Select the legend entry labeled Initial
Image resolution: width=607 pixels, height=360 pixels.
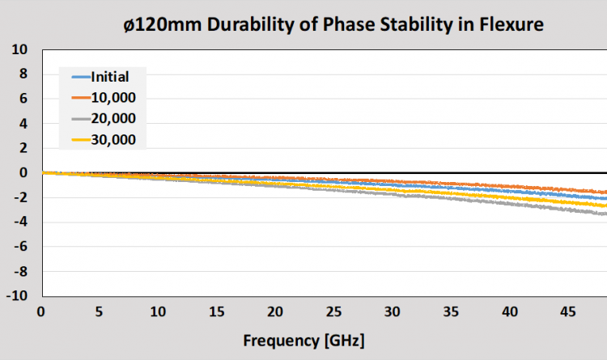pyautogui.click(x=109, y=78)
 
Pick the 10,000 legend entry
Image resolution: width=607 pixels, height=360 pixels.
pyautogui.click(x=113, y=99)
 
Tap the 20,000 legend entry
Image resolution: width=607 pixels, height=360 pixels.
pyautogui.click(x=113, y=119)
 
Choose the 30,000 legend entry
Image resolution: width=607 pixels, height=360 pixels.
pyautogui.click(x=113, y=140)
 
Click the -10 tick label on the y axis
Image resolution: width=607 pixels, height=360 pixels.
pyautogui.click(x=17, y=296)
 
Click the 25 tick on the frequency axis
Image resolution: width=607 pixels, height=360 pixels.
pyautogui.click(x=333, y=312)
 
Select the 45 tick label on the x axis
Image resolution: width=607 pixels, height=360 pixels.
pyautogui.click(x=567, y=312)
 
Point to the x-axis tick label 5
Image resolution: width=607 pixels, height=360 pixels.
pyautogui.click(x=100, y=312)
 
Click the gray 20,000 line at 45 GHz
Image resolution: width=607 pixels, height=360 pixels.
pyautogui.click(x=567, y=207)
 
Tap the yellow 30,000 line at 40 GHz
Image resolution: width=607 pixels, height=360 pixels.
pyautogui.click(x=509, y=196)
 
